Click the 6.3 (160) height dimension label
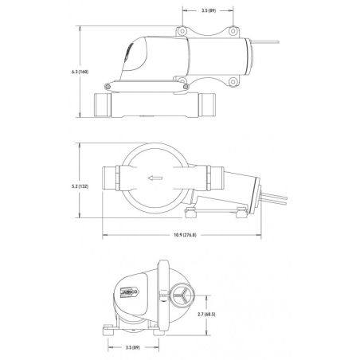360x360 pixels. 80,72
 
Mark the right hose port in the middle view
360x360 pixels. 213,176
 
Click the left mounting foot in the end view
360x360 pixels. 109,329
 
